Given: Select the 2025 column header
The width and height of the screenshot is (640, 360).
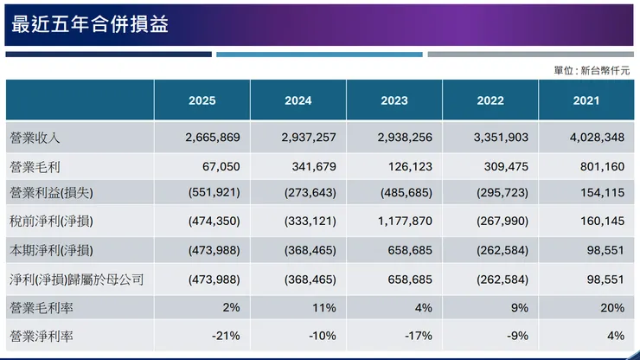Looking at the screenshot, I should [x=202, y=100].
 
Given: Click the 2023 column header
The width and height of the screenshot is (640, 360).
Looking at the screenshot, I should [x=394, y=100].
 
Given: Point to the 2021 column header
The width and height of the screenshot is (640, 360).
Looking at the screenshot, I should [x=586, y=100].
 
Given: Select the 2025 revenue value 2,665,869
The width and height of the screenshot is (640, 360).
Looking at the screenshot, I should [x=213, y=138].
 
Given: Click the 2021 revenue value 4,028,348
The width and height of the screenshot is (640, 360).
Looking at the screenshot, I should [x=596, y=138].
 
